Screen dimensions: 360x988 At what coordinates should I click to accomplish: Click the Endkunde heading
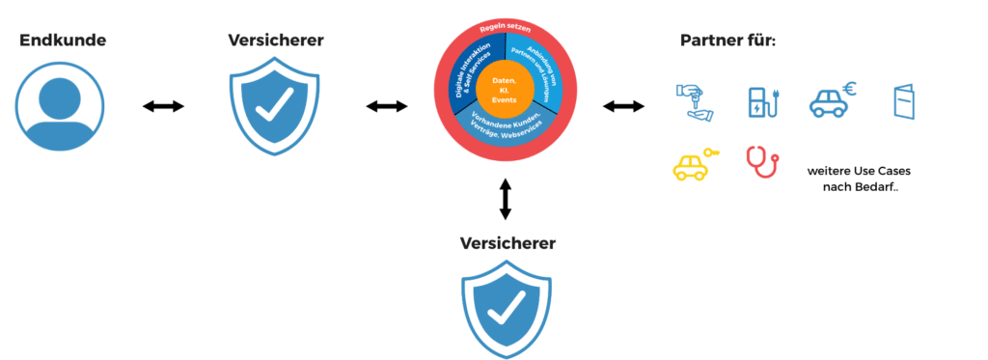[x=63, y=41]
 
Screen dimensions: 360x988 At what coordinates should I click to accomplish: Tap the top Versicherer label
[x=276, y=41]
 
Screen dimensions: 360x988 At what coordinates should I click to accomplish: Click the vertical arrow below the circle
[x=505, y=198]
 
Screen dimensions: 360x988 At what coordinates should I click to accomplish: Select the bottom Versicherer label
[x=507, y=243]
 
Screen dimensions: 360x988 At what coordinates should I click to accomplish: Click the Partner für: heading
[x=728, y=41]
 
